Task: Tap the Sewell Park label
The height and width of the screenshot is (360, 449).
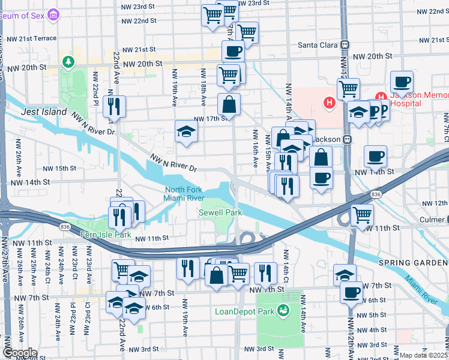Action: (220, 212)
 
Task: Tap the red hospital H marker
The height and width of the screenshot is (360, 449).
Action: (329, 103)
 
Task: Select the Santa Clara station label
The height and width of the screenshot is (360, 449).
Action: (318, 45)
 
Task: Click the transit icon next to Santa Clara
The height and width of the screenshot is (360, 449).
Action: (345, 45)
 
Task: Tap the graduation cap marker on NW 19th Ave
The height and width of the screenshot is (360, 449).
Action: (186, 133)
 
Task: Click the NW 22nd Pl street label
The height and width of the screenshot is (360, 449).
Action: (95, 86)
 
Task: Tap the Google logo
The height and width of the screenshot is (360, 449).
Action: (20, 353)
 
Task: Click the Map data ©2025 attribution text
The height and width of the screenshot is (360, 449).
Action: (424, 355)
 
